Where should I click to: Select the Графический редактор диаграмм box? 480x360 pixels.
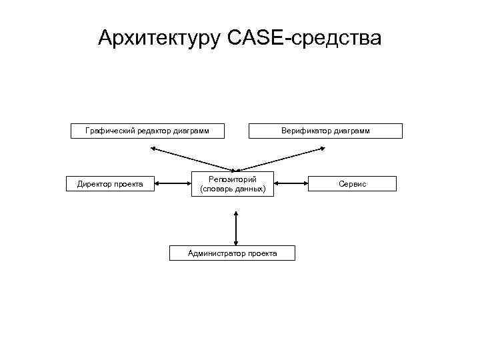pyautogui.click(x=147, y=131)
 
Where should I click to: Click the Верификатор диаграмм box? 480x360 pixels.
pyautogui.click(x=325, y=131)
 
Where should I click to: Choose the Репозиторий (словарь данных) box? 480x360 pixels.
pyautogui.click(x=233, y=183)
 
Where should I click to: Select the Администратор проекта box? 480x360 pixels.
pyautogui.click(x=232, y=253)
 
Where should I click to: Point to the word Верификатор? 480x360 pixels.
pyautogui.click(x=308, y=131)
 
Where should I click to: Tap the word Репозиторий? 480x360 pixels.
pyautogui.click(x=233, y=178)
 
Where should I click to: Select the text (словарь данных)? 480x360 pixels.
pyautogui.click(x=233, y=189)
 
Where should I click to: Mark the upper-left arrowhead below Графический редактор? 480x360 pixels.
pyautogui.click(x=153, y=149)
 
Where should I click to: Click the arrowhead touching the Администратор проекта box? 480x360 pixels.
pyautogui.click(x=235, y=243)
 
